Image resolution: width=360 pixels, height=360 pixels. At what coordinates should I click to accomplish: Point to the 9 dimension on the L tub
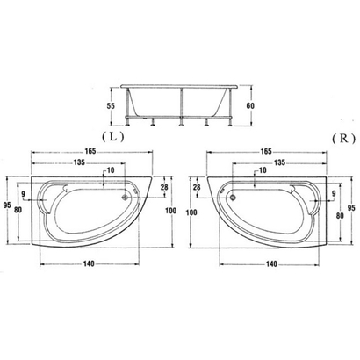[x=24, y=192]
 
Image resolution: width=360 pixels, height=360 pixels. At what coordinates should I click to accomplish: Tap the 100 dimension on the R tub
[x=191, y=212]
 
